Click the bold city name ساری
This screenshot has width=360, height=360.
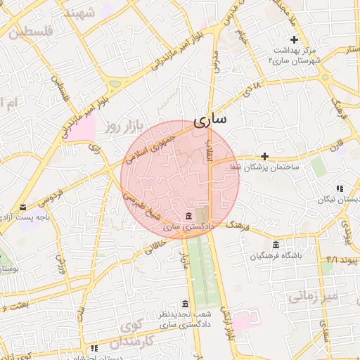tap(210, 120)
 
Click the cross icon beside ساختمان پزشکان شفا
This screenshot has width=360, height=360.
tap(264, 156)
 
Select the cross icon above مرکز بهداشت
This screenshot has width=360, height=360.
tap(295, 39)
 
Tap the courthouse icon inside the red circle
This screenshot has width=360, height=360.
tap(188, 216)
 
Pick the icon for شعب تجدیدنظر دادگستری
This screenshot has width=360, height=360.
tap(185, 304)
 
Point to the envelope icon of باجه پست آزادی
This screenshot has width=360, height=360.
tap(24, 207)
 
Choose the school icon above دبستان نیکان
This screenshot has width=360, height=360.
tap(340, 188)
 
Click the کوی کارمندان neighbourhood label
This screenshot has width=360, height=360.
tap(140, 333)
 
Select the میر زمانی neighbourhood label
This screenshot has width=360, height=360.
tap(313, 297)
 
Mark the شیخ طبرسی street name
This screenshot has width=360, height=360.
tap(145, 201)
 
